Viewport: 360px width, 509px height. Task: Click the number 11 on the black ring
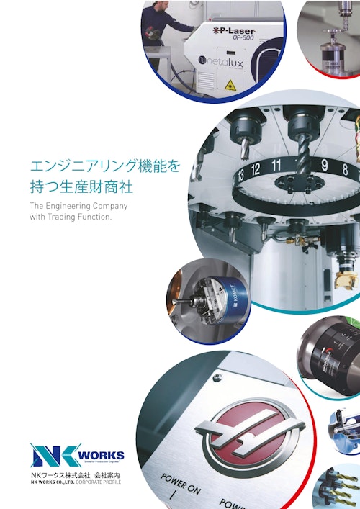[276, 165]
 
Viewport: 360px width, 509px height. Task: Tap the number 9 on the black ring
[324, 166]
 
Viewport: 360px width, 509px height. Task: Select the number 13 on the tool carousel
[238, 173]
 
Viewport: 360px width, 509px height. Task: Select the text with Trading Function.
[71, 217]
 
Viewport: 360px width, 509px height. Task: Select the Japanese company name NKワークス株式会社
[63, 476]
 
